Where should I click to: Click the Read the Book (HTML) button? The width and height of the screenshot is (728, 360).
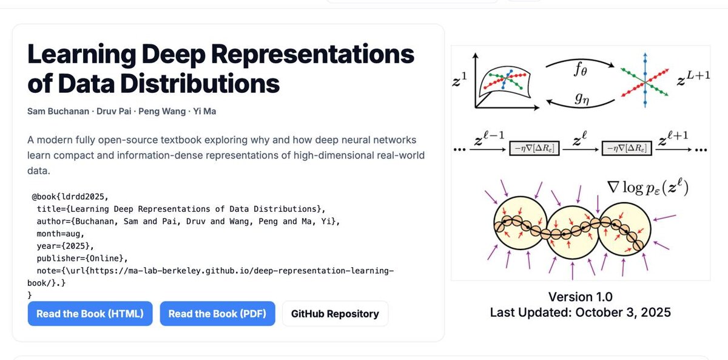pos(90,314)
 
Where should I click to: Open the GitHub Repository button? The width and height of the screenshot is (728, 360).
pos(335,314)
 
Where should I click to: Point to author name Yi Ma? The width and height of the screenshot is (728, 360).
pos(204,111)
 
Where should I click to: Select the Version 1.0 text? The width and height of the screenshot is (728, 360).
pos(580,297)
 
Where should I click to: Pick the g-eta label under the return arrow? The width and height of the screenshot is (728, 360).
pos(580,98)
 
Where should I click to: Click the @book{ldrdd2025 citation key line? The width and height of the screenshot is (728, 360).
pos(69,197)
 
